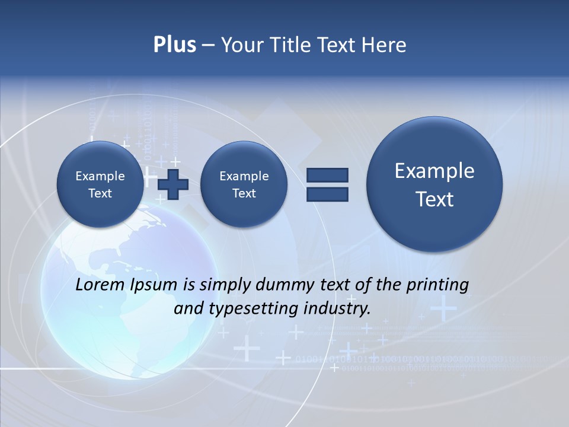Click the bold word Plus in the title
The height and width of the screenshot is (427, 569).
[174, 45]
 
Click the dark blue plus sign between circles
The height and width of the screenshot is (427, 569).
[173, 184]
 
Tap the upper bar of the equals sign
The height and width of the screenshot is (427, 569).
[327, 175]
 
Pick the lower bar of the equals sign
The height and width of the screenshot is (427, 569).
[327, 195]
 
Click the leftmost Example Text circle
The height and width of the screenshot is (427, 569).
[100, 184]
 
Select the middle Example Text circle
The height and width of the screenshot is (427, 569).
[244, 184]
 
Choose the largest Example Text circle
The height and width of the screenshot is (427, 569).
[434, 184]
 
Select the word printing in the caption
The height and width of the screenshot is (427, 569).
[439, 285]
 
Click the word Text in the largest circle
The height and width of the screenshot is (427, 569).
[434, 199]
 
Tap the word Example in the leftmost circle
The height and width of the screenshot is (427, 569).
[100, 176]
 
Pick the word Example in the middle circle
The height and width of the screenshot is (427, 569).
[244, 176]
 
